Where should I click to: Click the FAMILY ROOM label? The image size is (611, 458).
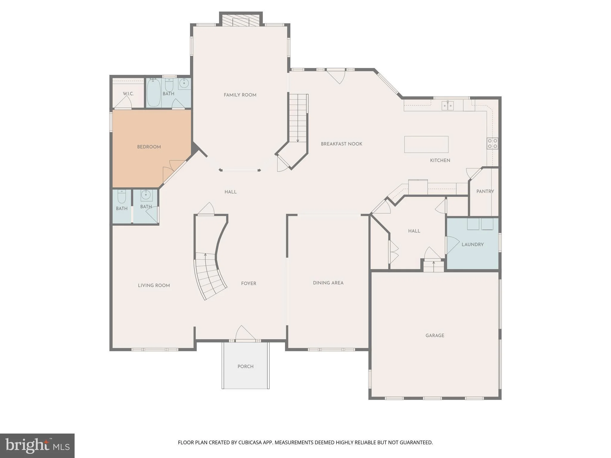240,95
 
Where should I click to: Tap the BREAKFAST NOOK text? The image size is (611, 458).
342,144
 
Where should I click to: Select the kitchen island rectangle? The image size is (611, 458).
426,144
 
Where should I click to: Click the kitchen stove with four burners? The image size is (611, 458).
493,143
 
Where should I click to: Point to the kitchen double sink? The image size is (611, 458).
448,105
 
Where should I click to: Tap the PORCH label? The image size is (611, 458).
246,366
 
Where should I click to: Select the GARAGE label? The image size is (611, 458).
435,335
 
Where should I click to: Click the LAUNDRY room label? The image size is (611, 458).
473,245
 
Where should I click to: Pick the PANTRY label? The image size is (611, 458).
485,191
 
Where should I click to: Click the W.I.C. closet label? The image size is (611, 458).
128,94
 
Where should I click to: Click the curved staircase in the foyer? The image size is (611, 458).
211,276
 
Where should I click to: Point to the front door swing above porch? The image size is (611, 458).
245,332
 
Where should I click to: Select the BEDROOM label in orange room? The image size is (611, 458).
149,147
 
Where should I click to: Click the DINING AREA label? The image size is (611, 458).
328,283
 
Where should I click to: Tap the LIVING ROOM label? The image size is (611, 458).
154,286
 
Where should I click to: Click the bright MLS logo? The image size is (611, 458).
37,445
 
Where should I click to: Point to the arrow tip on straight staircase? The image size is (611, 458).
298,142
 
